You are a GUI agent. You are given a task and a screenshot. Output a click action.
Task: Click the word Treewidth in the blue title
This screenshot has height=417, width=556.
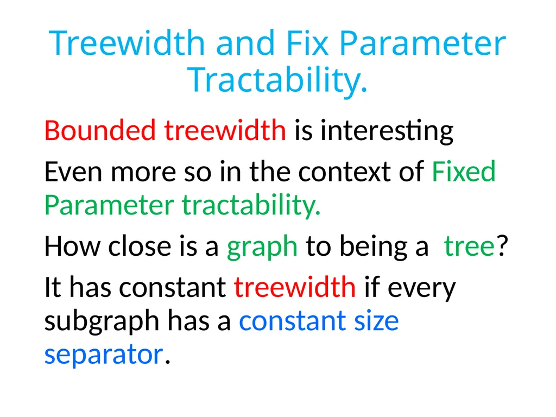pos(127,43)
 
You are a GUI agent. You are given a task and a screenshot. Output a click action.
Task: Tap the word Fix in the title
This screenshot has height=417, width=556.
pos(307,43)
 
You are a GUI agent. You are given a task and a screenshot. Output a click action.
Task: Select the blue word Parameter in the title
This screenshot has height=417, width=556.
pos(422,43)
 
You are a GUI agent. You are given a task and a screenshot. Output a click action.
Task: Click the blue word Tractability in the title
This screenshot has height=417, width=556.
pos(277,80)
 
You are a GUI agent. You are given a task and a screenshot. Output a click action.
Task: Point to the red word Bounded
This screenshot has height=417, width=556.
pos(100,130)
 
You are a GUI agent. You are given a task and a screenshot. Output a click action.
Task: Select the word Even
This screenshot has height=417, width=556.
pos(73,172)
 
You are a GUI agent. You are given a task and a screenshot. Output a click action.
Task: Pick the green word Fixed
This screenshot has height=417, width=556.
pos(464,171)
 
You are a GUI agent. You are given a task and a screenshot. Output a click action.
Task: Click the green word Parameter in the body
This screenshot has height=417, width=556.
pos(109,205)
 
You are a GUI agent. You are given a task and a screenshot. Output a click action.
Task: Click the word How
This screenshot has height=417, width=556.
pos(72,246)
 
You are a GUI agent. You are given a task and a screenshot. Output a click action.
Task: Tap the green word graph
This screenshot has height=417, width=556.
pos(262,248)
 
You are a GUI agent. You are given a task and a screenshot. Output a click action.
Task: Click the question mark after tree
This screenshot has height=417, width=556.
pos(502,245)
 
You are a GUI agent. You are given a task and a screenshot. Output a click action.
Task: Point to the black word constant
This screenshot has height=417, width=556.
pos(172,287)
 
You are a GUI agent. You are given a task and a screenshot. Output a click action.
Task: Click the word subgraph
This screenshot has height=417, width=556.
pos(102,321)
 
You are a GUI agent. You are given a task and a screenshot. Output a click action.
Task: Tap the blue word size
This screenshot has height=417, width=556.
pos(377,320)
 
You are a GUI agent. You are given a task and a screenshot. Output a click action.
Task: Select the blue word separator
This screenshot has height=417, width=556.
pos(104,355)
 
